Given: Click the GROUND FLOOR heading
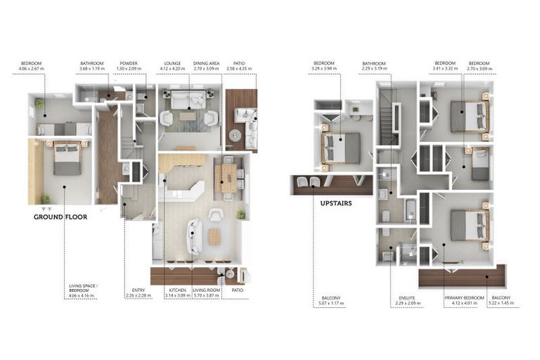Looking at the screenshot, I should click(60, 217).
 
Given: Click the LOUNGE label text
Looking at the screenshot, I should click(172, 63).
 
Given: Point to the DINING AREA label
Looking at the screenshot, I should click(207, 63).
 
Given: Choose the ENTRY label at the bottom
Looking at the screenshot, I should click(139, 290).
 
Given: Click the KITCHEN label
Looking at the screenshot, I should click(176, 290).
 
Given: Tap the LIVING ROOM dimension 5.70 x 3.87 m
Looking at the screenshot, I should click(207, 296).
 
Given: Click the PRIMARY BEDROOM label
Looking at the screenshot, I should click(464, 298).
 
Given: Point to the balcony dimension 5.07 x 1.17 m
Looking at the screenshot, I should click(330, 304).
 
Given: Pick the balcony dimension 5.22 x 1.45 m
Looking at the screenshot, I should click(502, 304).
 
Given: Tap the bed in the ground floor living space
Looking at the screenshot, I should click(67, 157).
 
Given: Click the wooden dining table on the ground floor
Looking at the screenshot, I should click(228, 176).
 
